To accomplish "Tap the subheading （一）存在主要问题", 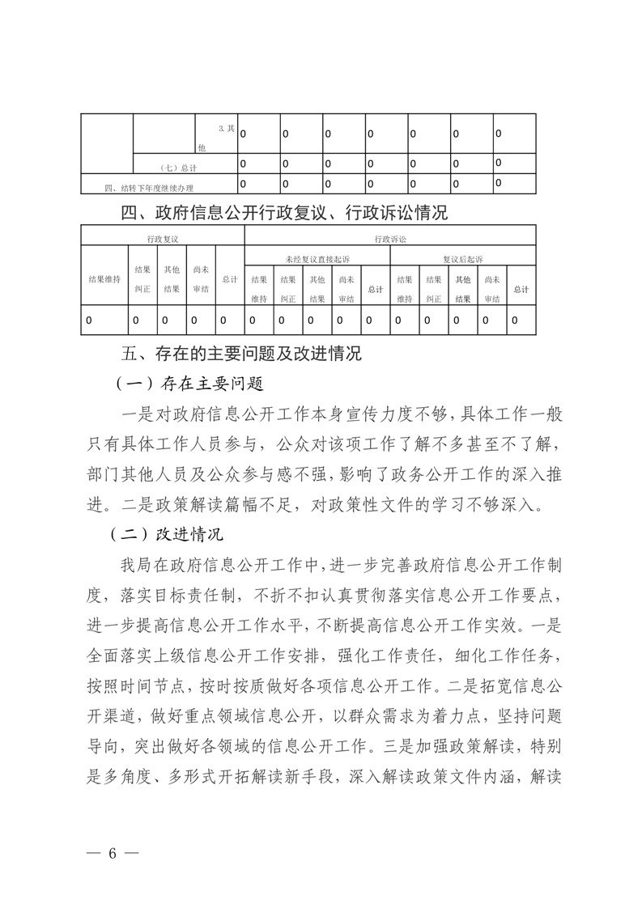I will (x=191, y=382).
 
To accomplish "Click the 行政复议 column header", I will (x=163, y=240).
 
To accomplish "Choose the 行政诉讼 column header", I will (x=389, y=240).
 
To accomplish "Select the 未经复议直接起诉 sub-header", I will (x=317, y=259).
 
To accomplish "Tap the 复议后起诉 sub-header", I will (x=462, y=259).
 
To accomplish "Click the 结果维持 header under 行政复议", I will (x=104, y=279).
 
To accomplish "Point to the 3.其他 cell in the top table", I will (x=215, y=138).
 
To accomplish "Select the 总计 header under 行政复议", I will (x=230, y=279).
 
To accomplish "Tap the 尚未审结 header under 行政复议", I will (x=200, y=279).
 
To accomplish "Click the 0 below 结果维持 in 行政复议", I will (x=89, y=320).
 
